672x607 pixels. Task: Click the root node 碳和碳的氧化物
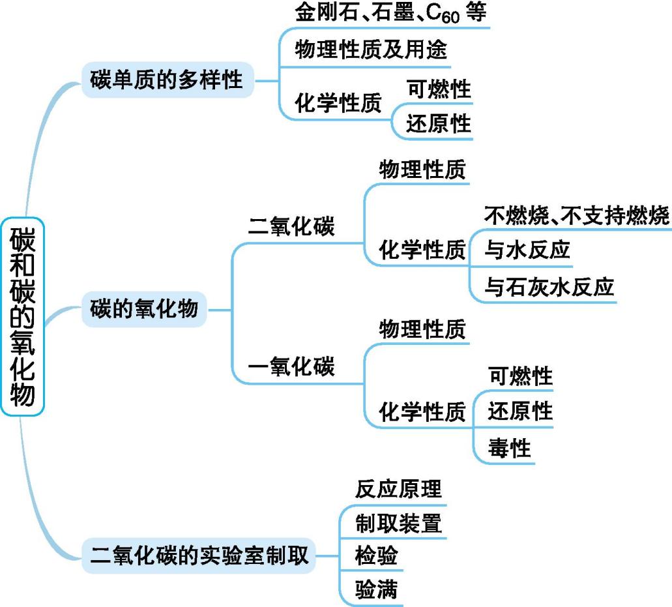tap(23, 317)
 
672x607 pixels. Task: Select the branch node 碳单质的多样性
tap(166, 81)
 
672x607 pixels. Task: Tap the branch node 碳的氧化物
tap(145, 308)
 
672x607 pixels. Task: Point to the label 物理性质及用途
tap(371, 50)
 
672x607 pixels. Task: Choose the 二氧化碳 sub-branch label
tap(291, 227)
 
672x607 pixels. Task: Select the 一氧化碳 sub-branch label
tap(291, 366)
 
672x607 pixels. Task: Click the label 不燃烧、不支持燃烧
tap(577, 215)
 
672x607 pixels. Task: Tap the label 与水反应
tap(527, 250)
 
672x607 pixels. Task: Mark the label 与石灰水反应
tap(549, 287)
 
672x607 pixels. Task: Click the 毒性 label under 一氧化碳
tap(510, 448)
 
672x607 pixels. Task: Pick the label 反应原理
tap(398, 488)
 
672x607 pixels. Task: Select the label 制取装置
tap(398, 523)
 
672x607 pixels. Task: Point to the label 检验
tap(376, 557)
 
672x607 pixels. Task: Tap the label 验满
tap(376, 591)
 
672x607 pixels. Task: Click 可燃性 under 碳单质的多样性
tap(438, 88)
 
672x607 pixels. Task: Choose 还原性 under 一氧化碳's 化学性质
tap(520, 411)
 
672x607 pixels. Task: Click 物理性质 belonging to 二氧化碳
tap(422, 170)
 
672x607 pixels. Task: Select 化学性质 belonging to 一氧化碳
tap(422, 412)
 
